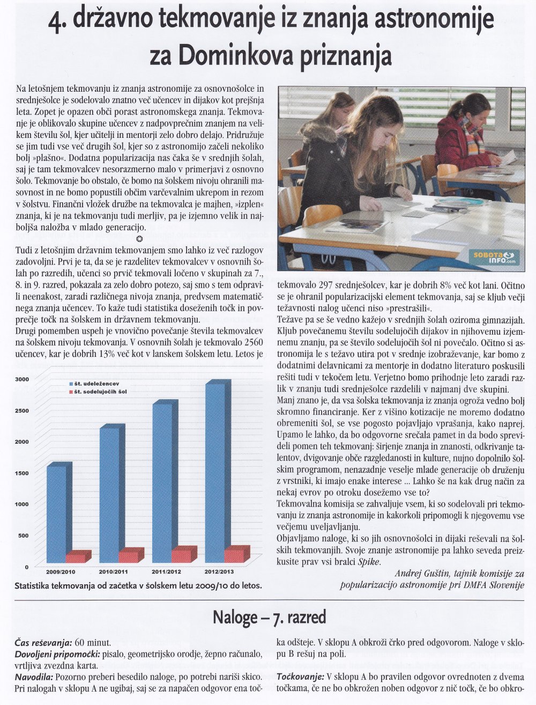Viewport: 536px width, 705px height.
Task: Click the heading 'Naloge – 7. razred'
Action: pos(269,618)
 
